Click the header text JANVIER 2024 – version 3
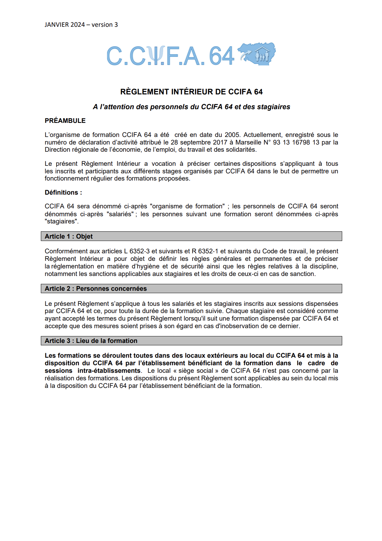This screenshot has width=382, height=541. click(81, 25)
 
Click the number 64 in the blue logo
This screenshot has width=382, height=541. click(221, 56)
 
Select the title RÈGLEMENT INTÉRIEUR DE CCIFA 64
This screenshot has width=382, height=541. click(191, 92)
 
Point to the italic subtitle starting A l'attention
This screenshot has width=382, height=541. click(191, 107)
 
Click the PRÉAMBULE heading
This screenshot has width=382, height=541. click(65, 120)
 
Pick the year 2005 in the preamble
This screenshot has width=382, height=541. click(232, 135)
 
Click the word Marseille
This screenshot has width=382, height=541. click(248, 142)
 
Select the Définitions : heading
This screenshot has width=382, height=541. click(63, 193)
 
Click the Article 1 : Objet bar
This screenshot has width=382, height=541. click(191, 236)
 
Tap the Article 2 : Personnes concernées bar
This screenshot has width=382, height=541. click(191, 288)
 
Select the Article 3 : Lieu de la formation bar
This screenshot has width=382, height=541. click(191, 341)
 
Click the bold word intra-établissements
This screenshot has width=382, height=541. click(109, 371)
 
